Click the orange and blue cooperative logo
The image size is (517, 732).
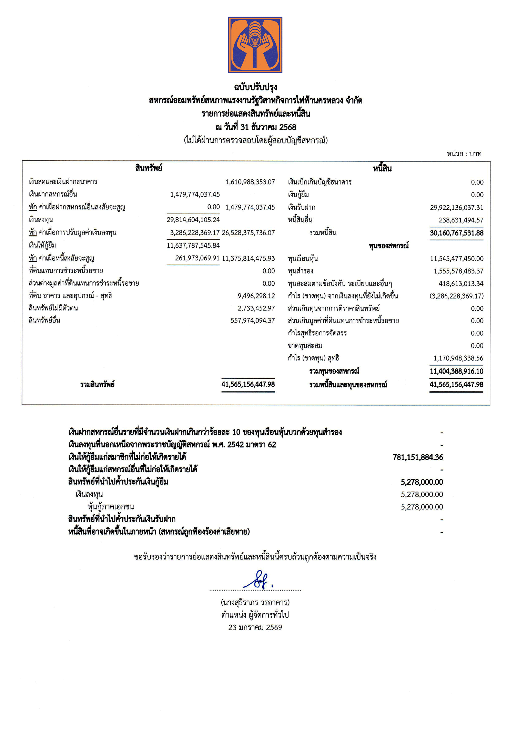(255, 45)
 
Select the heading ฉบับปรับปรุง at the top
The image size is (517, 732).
(255, 87)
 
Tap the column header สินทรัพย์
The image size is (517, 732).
(149, 168)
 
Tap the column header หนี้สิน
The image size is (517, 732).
(382, 169)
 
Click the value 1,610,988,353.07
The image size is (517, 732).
(250, 182)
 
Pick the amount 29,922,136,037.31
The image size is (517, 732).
(456, 208)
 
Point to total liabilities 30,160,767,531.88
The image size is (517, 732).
(456, 233)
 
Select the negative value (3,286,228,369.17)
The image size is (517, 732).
(456, 296)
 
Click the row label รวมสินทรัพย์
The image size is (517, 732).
(98, 385)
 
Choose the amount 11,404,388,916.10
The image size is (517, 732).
(456, 372)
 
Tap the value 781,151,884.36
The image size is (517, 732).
(418, 457)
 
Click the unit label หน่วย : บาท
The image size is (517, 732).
(464, 154)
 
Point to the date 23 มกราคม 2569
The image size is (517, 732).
(255, 627)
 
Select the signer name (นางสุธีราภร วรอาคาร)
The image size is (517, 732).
(255, 603)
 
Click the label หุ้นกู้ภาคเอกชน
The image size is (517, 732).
(111, 507)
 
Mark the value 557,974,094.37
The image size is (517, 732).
(253, 321)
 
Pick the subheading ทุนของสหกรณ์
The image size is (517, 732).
(388, 246)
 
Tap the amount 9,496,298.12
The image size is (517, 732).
(256, 296)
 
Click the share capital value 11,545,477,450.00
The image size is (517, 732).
(456, 259)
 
